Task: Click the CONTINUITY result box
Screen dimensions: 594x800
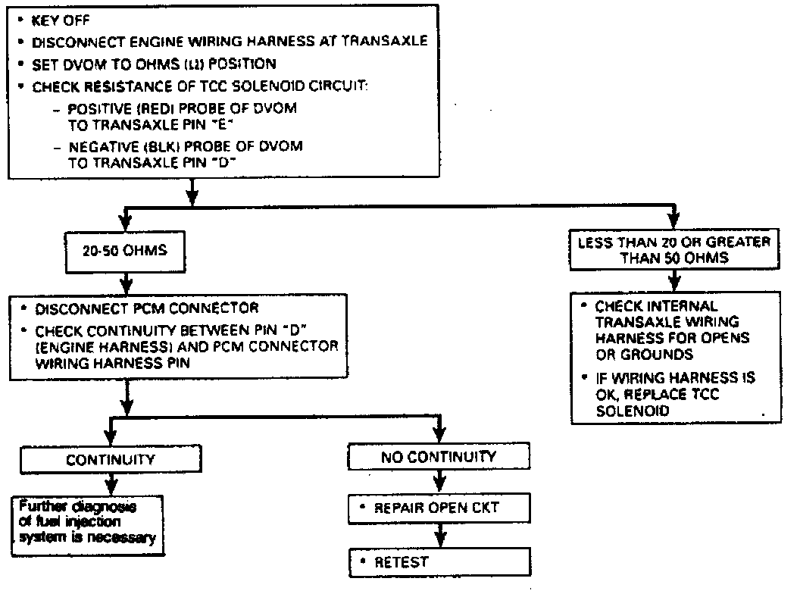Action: (x=111, y=459)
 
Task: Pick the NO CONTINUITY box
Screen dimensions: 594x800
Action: (x=438, y=457)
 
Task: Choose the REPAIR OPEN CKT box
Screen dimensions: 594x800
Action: (x=438, y=508)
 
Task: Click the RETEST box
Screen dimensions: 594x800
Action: (x=438, y=561)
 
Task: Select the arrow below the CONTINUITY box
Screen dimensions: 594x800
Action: (x=112, y=483)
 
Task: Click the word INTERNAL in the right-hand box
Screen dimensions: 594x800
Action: (x=678, y=306)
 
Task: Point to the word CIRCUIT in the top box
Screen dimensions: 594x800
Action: (x=330, y=86)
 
